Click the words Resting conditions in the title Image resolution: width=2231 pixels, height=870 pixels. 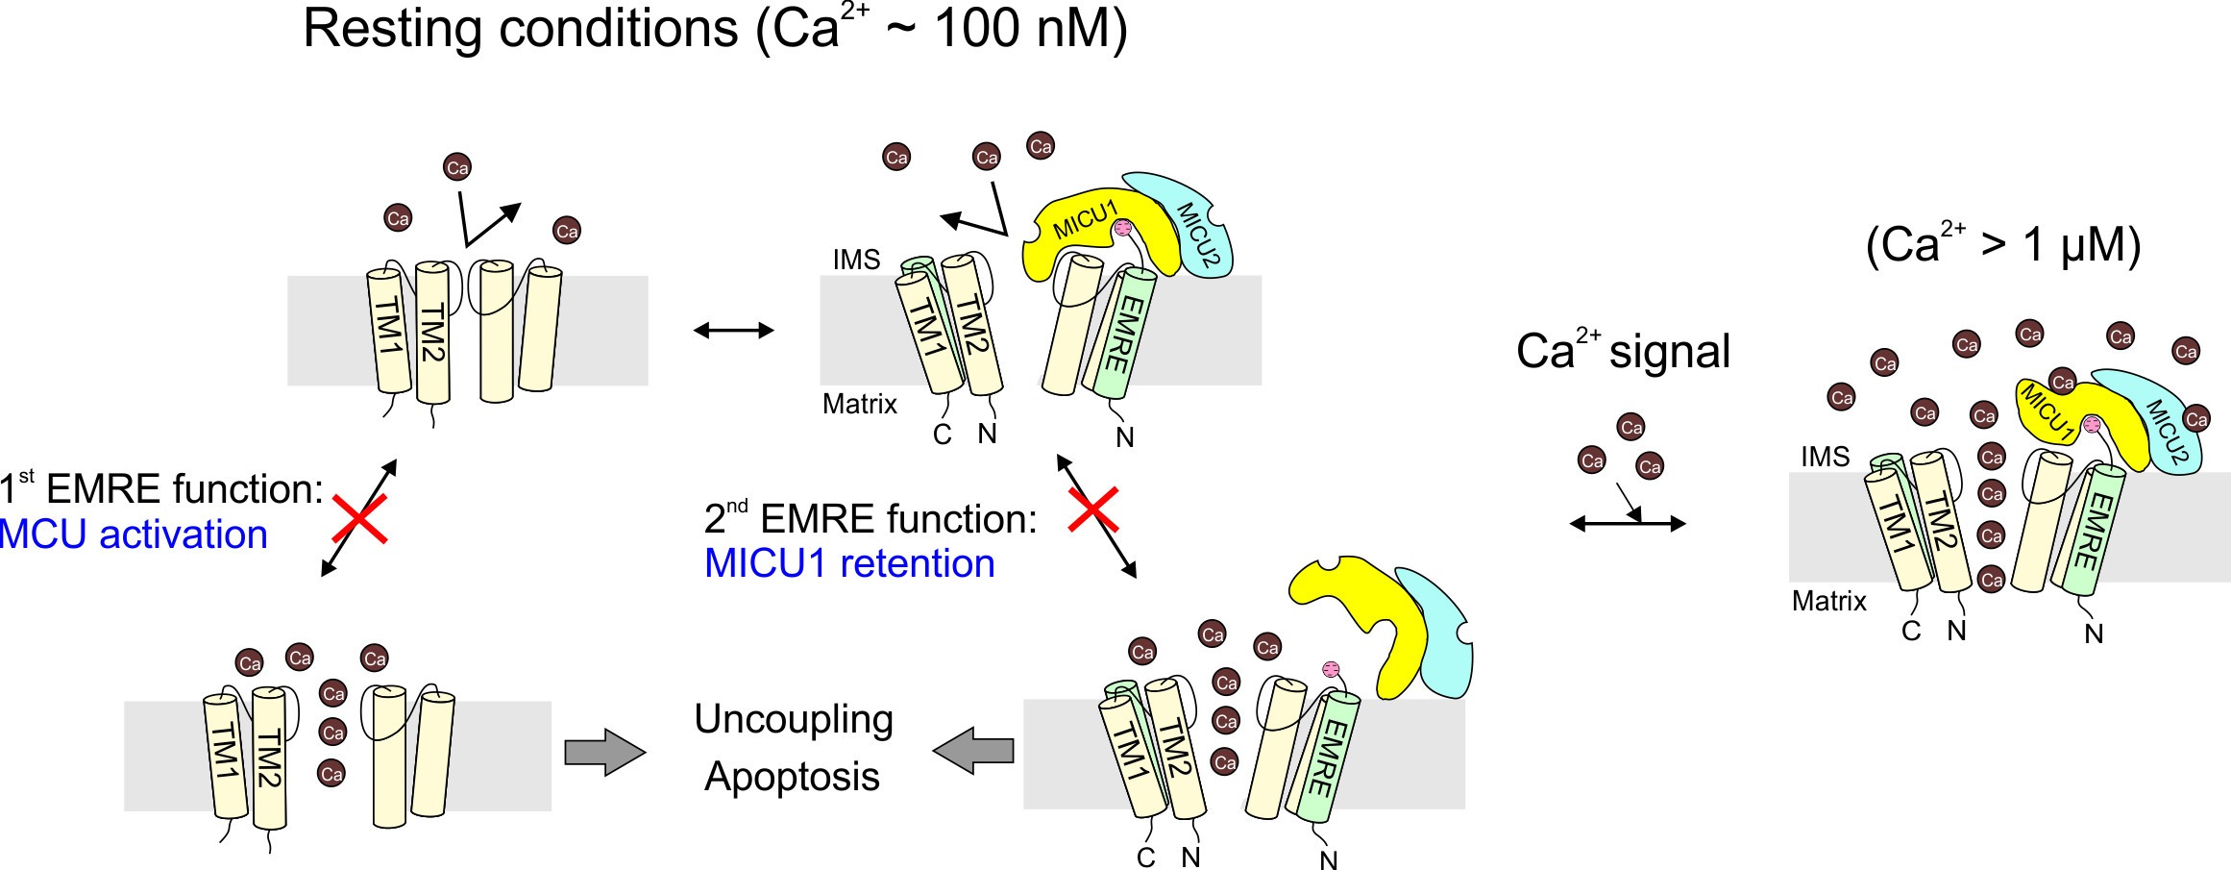coord(520,29)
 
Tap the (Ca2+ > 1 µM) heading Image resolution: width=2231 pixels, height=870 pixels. coord(2002,245)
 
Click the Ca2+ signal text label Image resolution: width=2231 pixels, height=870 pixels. coord(1623,351)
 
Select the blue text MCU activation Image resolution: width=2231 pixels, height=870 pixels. coord(134,534)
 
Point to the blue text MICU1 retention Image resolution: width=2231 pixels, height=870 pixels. coord(849,563)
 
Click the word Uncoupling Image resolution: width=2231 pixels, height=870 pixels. coord(794,720)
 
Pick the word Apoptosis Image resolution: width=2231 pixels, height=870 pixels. coord(792,776)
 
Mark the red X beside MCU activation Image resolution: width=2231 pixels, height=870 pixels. coord(359,519)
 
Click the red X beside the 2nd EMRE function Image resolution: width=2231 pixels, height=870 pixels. coord(1093,510)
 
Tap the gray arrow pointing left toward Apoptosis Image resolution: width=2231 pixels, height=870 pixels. coord(973,750)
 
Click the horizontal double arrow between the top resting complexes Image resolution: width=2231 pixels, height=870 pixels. coord(733,331)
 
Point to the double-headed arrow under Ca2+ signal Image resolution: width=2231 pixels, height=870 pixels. coord(1628,524)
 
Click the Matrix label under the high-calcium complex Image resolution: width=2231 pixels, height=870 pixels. coord(1828,602)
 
